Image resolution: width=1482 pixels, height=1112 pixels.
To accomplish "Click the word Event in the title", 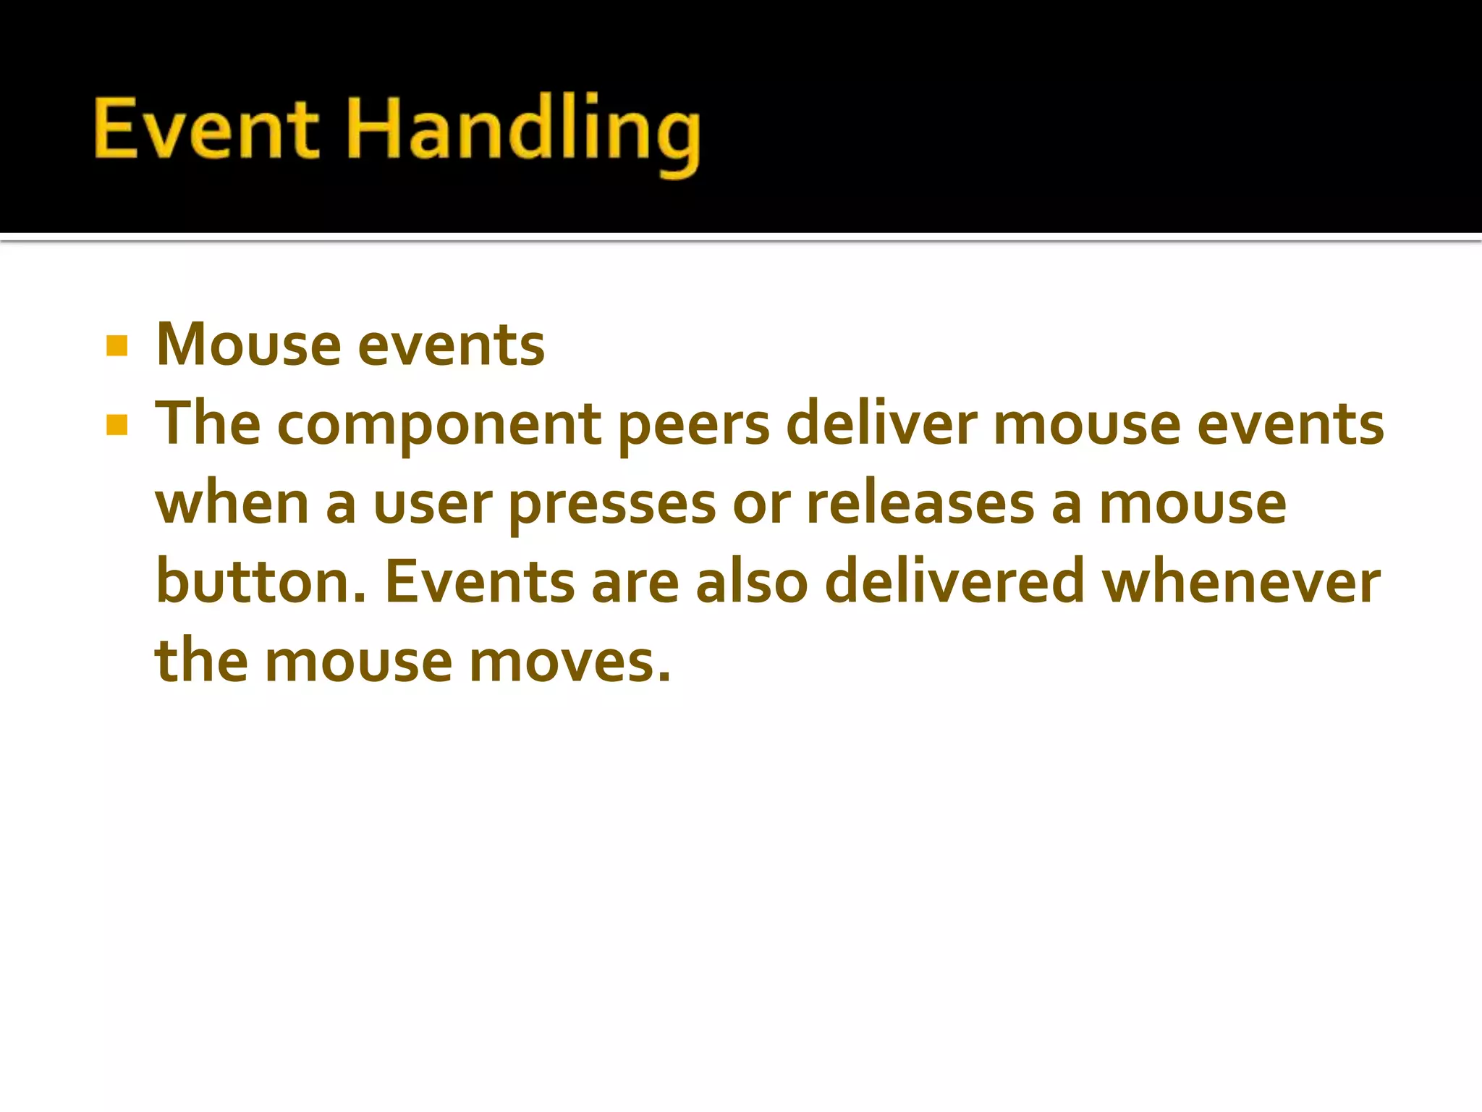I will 206,129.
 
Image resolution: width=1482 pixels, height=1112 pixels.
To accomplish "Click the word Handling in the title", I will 524,130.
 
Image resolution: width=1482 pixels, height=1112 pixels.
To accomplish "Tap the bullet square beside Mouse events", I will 117,346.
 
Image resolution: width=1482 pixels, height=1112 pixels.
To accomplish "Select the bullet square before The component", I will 117,425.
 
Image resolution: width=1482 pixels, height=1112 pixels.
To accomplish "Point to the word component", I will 439,426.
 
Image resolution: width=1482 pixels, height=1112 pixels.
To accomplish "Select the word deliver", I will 881,424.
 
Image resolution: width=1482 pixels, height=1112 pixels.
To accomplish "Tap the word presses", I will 612,505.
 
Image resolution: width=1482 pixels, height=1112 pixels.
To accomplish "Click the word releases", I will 920,504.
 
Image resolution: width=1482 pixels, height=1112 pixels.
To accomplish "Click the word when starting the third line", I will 232,504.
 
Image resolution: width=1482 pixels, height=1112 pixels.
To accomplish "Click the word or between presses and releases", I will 761,505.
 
